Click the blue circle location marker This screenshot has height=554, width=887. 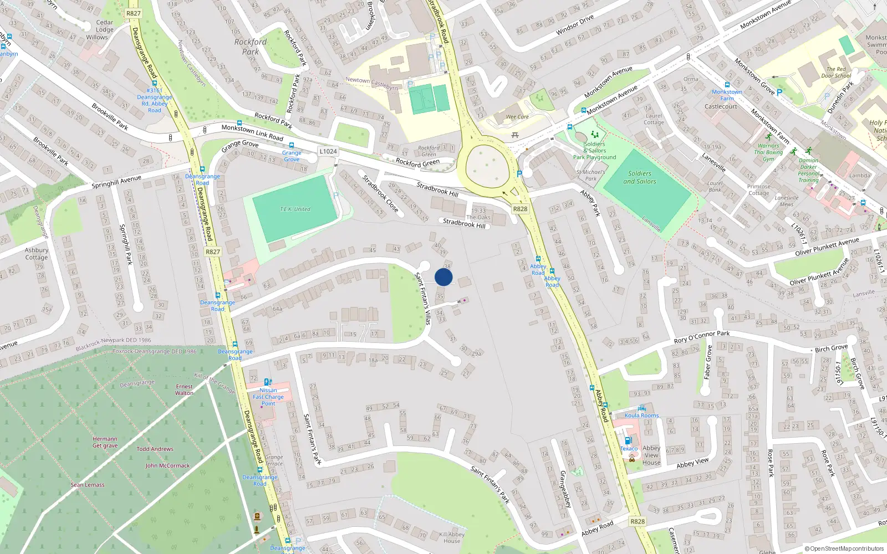click(x=443, y=277)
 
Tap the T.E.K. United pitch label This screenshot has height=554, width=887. click(x=294, y=209)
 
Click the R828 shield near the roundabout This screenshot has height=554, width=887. click(x=520, y=209)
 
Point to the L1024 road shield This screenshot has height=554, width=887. click(x=328, y=151)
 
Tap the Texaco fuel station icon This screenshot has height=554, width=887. click(x=628, y=441)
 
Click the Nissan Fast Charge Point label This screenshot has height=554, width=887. click(x=268, y=397)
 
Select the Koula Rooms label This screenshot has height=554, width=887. click(x=641, y=416)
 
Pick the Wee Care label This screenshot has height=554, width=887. click(x=517, y=117)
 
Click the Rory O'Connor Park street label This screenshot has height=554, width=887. click(x=701, y=336)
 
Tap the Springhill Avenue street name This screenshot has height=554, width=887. click(x=116, y=182)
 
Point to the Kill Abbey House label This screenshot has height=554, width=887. click(x=452, y=537)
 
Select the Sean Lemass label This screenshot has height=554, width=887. click(x=87, y=485)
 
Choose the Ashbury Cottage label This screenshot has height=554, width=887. click(x=37, y=254)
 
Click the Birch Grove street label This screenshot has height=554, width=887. click(x=831, y=348)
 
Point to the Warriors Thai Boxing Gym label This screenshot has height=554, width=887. click(x=768, y=152)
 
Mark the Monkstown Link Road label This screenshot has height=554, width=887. click(x=252, y=132)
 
